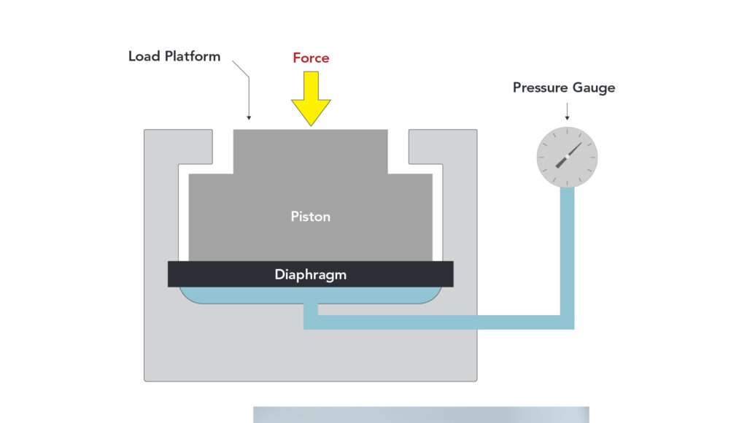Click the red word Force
(311, 58)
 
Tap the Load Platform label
(174, 56)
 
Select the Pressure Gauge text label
(564, 88)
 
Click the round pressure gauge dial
(567, 157)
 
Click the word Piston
(311, 217)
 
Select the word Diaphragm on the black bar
(311, 275)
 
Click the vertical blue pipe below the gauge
(567, 248)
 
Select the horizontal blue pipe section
(438, 322)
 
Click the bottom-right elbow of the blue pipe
(567, 322)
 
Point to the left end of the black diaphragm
(175, 274)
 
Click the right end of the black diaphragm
(446, 274)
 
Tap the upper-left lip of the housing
(179, 146)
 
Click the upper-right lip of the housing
(442, 146)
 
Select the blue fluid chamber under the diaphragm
(241, 295)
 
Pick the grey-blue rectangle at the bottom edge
(421, 414)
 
